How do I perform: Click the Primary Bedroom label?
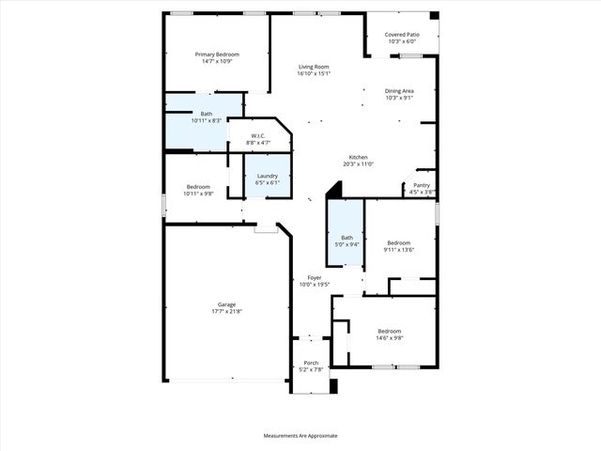click(x=217, y=54)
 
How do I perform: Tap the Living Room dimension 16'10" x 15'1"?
click(x=314, y=74)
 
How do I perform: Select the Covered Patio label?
click(x=402, y=35)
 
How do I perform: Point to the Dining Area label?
click(x=399, y=90)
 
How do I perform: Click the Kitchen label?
click(x=358, y=157)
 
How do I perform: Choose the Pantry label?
click(x=422, y=185)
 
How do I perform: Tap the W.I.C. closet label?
click(x=256, y=136)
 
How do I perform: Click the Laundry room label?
click(x=267, y=176)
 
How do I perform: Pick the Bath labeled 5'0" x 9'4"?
click(x=347, y=238)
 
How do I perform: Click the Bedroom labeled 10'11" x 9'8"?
click(x=198, y=186)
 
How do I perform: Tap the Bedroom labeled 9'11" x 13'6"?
click(x=399, y=242)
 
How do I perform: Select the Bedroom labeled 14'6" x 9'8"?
click(x=390, y=331)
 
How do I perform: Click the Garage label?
click(x=226, y=304)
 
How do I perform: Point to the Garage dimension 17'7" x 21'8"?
click(x=226, y=311)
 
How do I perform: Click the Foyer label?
click(x=315, y=278)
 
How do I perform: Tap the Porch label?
click(x=311, y=363)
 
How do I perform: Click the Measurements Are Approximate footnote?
click(x=300, y=436)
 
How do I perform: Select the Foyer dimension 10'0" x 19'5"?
click(x=315, y=285)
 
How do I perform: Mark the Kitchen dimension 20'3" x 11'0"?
click(x=358, y=163)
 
